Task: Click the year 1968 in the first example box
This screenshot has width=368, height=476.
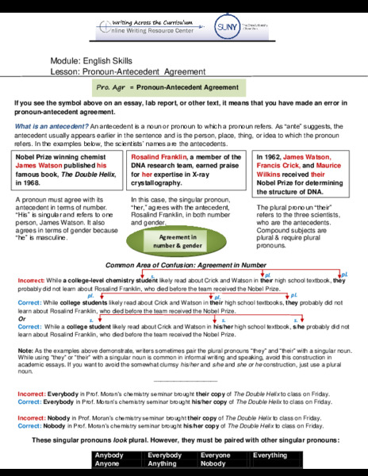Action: [x=29, y=181]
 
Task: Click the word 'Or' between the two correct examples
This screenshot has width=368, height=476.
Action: [x=21, y=319]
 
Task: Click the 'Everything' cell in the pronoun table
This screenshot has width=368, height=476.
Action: [x=269, y=455]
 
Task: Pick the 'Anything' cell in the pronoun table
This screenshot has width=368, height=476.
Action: [x=163, y=463]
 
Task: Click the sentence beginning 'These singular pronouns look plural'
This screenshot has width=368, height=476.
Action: [x=184, y=440]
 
